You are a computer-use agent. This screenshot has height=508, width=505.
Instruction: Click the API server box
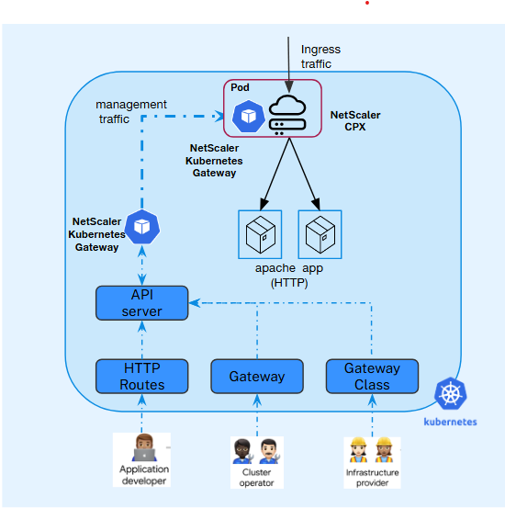pos(141,303)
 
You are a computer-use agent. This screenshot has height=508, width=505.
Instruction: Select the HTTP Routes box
pos(142,377)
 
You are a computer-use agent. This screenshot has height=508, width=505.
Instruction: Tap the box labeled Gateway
pos(257,377)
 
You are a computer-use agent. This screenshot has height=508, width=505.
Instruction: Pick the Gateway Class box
pos(372,377)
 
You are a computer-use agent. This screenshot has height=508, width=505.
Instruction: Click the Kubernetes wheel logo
pos(450,395)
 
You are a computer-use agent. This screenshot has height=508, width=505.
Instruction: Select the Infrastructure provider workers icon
pos(372,450)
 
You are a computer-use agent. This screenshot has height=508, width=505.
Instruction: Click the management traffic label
pos(131,111)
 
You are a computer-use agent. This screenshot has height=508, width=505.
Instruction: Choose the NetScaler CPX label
pos(355,121)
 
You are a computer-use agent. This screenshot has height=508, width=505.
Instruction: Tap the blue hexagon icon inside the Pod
pos(248,116)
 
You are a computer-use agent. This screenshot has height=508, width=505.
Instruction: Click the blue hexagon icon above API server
pos(142,226)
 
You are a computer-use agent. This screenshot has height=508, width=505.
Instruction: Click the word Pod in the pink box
pos(240,87)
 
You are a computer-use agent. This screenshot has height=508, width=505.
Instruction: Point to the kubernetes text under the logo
pos(450,423)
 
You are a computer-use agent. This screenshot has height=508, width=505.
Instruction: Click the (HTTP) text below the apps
pos(289,284)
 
